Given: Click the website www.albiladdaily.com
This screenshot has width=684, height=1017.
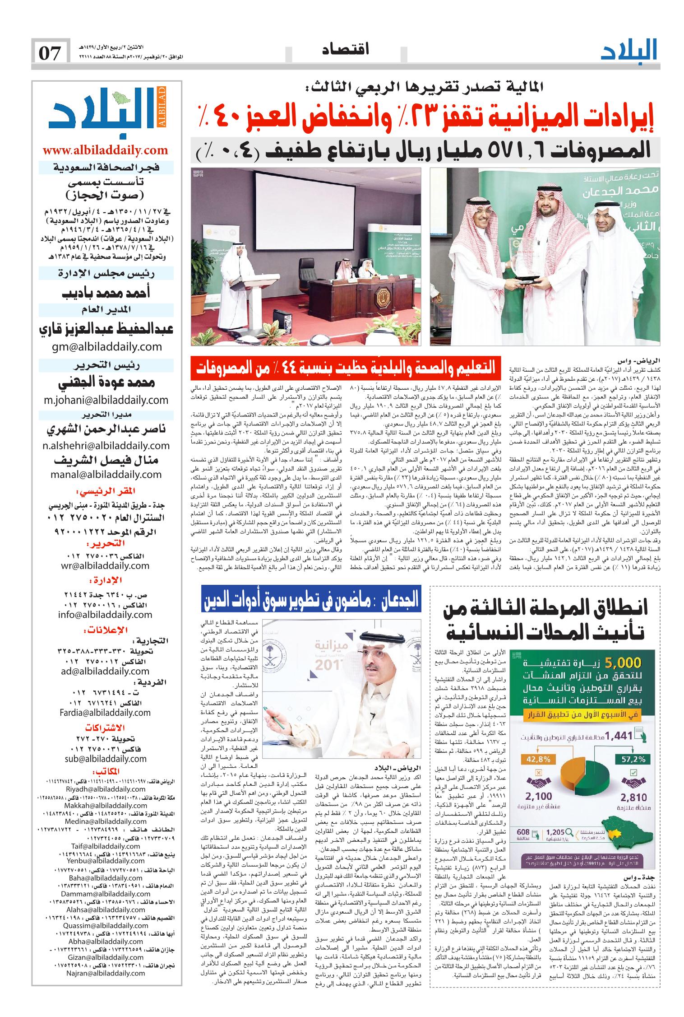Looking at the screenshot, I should tap(106, 150).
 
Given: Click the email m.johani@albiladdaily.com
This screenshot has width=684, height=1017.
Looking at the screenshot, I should tap(106, 400).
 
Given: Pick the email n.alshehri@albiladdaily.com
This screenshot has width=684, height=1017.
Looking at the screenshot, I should tap(106, 445).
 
